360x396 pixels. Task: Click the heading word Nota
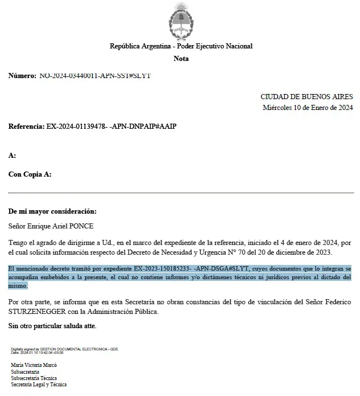tap(181, 59)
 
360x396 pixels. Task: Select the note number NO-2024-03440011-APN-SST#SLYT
tap(95, 75)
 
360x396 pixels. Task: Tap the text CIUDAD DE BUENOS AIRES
tap(306, 97)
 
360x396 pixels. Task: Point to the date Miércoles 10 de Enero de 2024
tap(308, 107)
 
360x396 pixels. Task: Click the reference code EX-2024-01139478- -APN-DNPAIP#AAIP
tap(112, 126)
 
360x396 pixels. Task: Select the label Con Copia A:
tap(30, 174)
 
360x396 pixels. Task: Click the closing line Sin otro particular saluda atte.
tap(52, 326)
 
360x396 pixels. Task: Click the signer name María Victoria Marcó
tap(35, 365)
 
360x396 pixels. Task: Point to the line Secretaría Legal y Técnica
tap(39, 385)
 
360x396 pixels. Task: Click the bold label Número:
tap(22, 75)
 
